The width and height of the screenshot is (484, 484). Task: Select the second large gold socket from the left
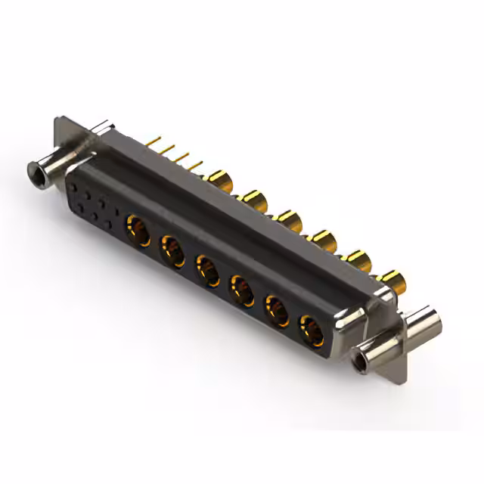tap(172, 250)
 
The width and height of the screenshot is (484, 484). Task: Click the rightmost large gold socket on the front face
tap(311, 330)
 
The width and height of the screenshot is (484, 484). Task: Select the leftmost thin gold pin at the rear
tap(155, 141)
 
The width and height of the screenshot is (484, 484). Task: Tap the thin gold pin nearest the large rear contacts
tap(198, 163)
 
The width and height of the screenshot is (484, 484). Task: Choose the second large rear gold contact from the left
tap(253, 200)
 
